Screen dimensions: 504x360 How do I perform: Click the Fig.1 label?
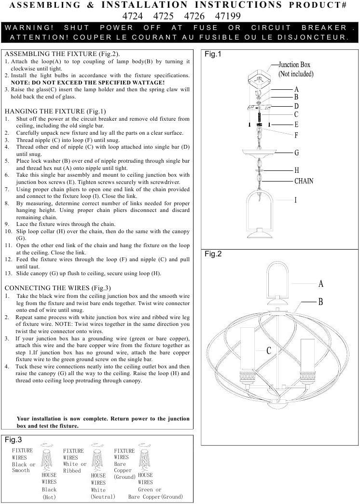pos(213,55)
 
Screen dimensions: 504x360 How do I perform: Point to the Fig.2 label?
pos(213,254)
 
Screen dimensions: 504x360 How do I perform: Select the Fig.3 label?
pos(13,440)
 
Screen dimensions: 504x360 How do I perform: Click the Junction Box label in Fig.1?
pos(294,69)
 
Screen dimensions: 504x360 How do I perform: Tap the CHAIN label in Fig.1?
pos(304,181)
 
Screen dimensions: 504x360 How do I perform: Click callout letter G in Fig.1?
pos(297,153)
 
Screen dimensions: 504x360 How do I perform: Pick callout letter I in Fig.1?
pos(296,200)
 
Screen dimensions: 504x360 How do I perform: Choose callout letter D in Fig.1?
pos(296,106)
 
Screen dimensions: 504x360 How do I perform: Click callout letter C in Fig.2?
pos(269,350)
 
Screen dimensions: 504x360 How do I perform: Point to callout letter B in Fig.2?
pos(320,302)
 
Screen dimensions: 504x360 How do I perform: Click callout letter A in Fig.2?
pos(321,284)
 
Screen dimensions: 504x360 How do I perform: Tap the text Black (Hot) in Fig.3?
pos(49,493)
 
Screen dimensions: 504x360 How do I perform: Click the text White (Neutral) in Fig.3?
pos(103,493)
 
